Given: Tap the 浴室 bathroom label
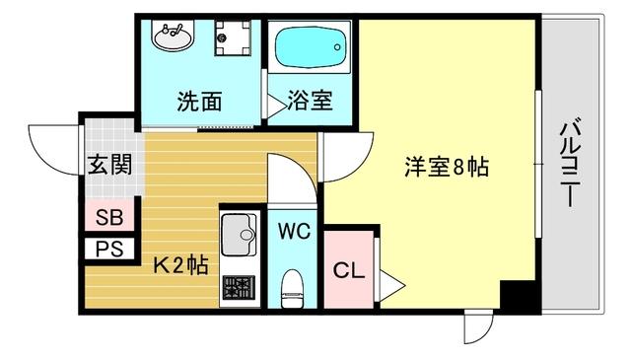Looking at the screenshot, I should pyautogui.click(x=309, y=101).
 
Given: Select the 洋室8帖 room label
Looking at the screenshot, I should pyautogui.click(x=446, y=167).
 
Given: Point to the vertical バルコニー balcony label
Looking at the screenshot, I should pyautogui.click(x=569, y=163).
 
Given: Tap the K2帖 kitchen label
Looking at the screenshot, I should pyautogui.click(x=178, y=264).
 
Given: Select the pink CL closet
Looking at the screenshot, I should pyautogui.click(x=347, y=269).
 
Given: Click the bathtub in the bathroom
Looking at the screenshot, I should pyautogui.click(x=310, y=45).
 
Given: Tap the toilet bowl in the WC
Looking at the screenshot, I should pyautogui.click(x=292, y=288).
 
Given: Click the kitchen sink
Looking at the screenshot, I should pyautogui.click(x=240, y=237).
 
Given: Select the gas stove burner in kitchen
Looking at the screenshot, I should pyautogui.click(x=240, y=288).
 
